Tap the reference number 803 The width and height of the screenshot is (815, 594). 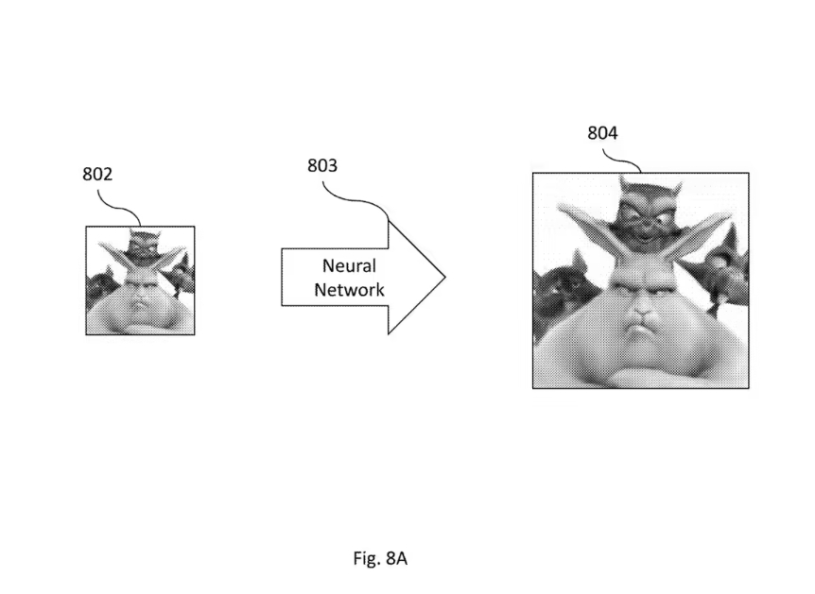322,166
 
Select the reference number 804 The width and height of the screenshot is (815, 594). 602,133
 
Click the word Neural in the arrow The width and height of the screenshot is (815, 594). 349,266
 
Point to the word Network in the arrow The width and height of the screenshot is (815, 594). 349,290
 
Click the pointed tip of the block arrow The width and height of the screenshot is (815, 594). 443,279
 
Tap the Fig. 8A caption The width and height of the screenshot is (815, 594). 380,558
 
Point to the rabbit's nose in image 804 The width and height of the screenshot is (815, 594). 640,313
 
